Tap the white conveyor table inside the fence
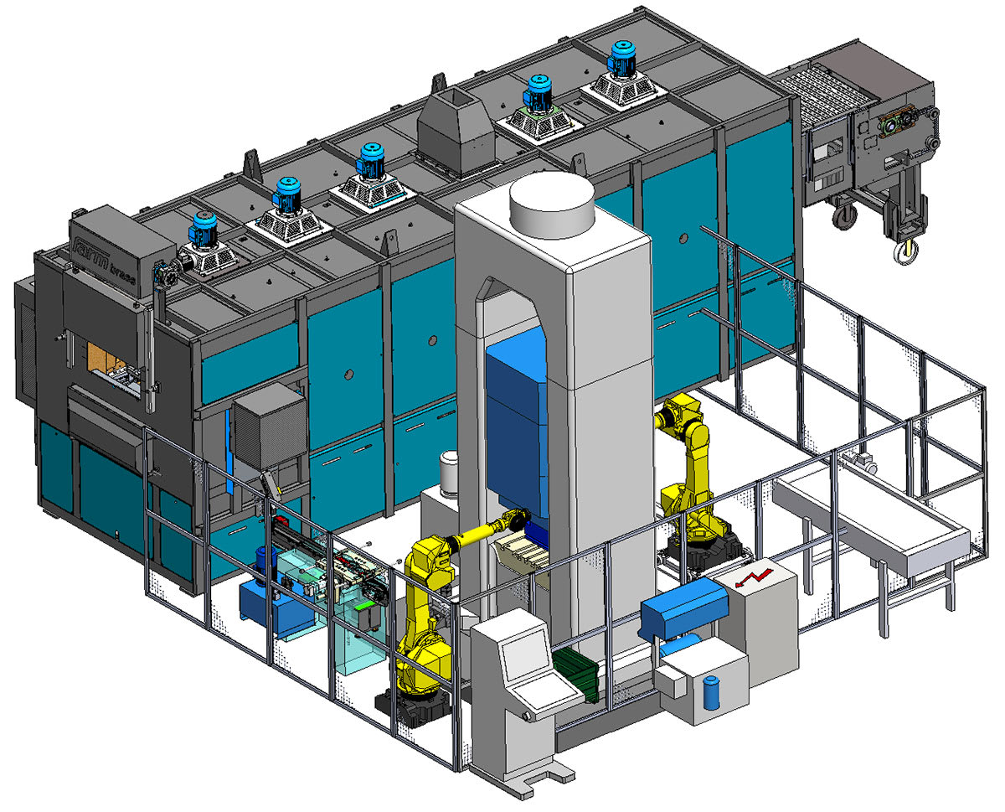tap(871, 520)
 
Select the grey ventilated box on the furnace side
tap(269, 429)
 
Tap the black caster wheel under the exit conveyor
tap(844, 216)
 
